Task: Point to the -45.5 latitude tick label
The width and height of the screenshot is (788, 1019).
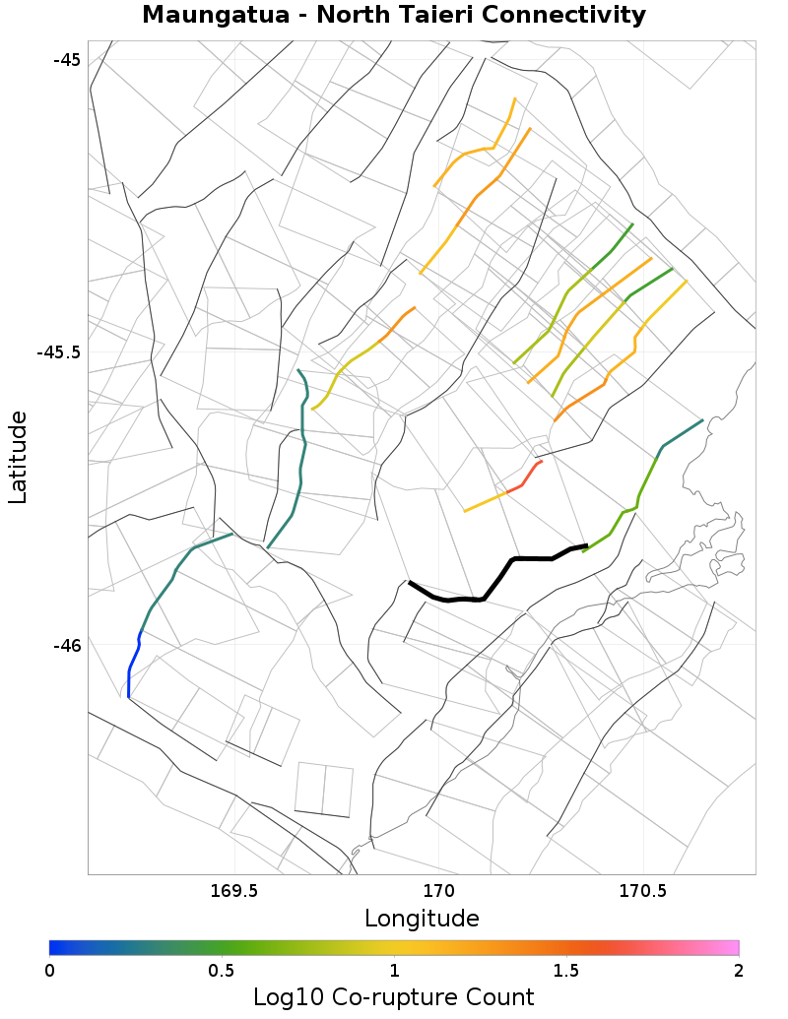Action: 58,352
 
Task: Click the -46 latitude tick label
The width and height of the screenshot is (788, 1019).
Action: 66,646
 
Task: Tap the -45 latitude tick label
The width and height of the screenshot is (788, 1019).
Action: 66,59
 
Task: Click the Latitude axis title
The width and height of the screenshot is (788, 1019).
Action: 18,458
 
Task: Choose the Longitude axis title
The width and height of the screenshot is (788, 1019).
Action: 422,919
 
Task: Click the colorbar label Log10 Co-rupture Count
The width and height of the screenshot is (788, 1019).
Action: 394,996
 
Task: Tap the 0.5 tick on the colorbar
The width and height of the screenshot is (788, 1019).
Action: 222,971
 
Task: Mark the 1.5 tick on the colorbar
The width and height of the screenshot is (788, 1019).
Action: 566,971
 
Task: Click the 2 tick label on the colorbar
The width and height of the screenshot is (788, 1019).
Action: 739,971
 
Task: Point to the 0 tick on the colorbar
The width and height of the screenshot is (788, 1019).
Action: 50,971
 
